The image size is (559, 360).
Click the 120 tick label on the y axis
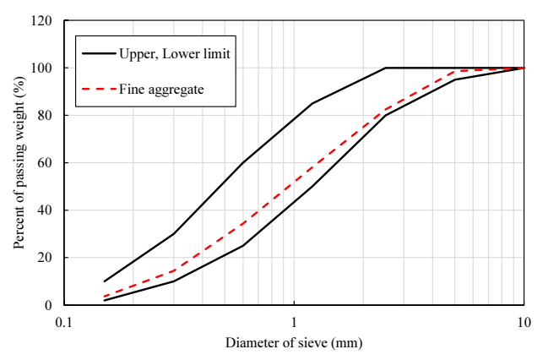point(41,20)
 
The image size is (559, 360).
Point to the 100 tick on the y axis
point(41,68)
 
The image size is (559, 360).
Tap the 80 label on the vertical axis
point(45,115)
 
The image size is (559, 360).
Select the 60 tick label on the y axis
point(45,163)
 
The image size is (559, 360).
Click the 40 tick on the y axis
point(45,210)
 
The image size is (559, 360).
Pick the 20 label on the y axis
point(45,258)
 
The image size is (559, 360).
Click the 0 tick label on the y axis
point(48,305)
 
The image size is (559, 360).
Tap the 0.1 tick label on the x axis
point(64,323)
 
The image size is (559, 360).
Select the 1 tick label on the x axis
point(294,323)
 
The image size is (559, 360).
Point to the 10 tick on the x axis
point(524,323)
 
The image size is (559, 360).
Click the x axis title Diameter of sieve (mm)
point(294,343)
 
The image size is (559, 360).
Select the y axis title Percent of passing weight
point(19,163)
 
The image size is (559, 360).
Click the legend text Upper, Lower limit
point(175,54)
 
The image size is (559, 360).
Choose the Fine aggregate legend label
point(161,90)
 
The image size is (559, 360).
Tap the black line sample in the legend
point(99,53)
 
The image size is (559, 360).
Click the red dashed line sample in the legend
point(99,89)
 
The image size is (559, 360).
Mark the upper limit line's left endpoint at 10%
point(105,281)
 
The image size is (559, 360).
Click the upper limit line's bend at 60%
point(243,163)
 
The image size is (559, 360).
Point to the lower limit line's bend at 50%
point(312,186)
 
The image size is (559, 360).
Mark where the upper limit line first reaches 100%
point(386,68)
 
